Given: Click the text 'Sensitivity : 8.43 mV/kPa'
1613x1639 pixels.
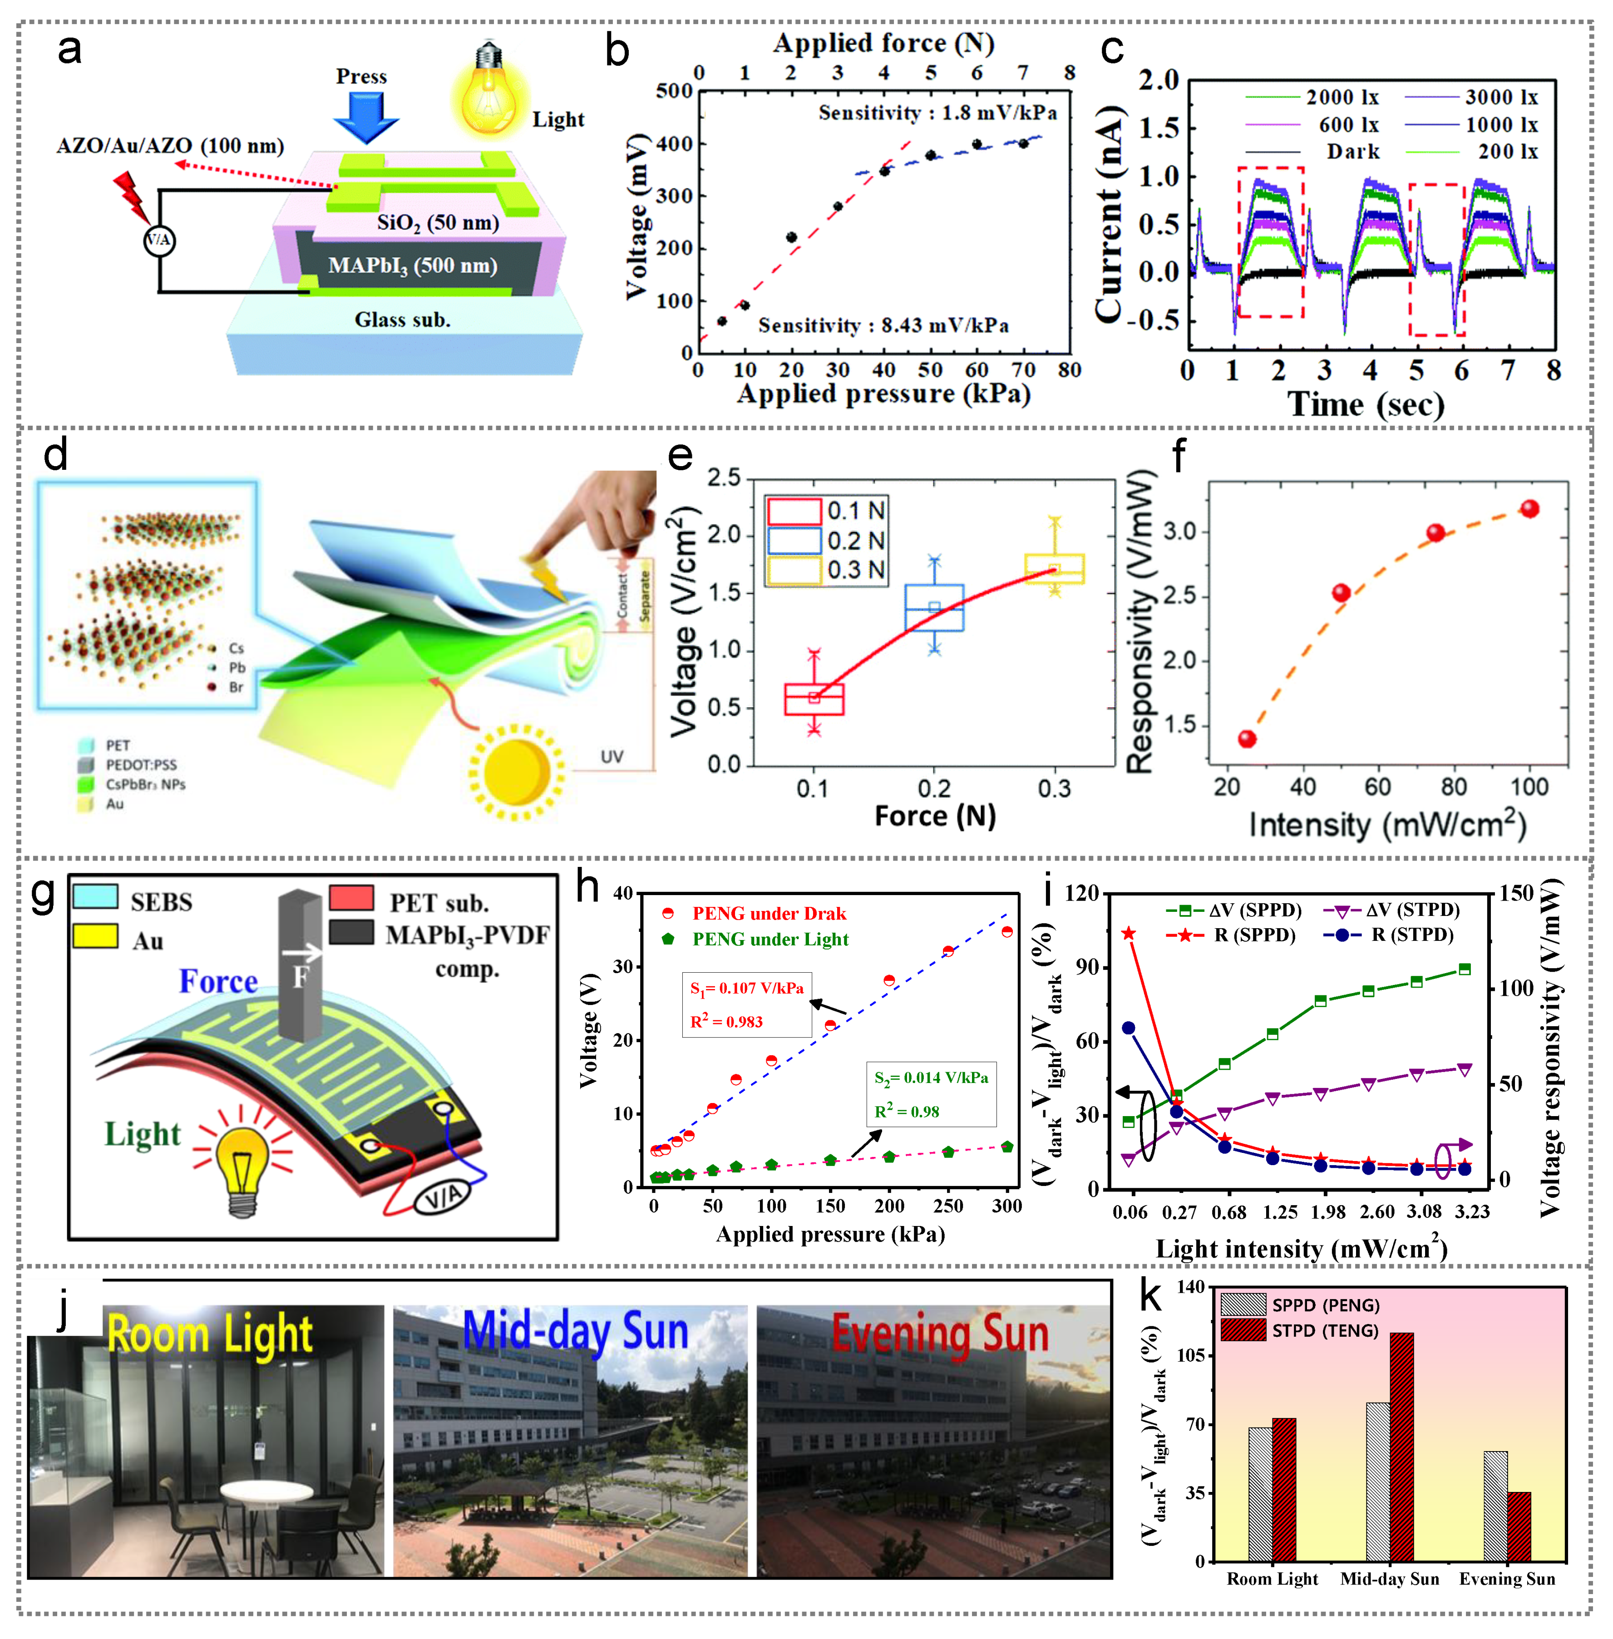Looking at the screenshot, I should [x=883, y=326].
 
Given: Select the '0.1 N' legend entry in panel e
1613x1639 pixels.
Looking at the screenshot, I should [x=856, y=511].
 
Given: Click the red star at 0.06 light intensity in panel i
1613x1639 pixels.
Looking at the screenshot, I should [x=1129, y=933].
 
